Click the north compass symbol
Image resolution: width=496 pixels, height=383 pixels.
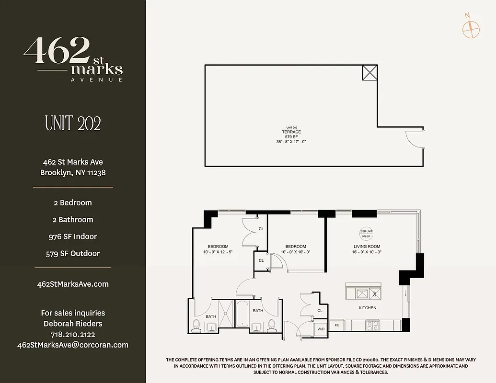[471, 29]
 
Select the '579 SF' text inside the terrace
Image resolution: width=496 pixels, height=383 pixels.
[291, 136]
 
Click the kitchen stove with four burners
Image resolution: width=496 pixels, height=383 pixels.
[372, 326]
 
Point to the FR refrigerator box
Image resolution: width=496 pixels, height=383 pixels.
[336, 325]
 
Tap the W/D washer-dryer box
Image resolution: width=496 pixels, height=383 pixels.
[321, 328]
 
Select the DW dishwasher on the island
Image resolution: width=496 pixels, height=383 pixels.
[375, 293]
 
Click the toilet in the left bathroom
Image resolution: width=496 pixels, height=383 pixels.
[196, 325]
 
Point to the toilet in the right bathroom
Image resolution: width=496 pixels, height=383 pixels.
[272, 325]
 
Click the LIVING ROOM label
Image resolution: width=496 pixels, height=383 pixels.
[367, 247]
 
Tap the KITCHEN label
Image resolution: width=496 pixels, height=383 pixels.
[368, 308]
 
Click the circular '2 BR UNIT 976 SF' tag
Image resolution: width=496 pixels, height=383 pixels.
[367, 234]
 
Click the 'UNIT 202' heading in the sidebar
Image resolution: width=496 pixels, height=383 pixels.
[73, 124]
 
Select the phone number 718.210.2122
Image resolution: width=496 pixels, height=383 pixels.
[73, 334]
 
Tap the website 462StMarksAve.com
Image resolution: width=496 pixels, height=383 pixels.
[73, 284]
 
